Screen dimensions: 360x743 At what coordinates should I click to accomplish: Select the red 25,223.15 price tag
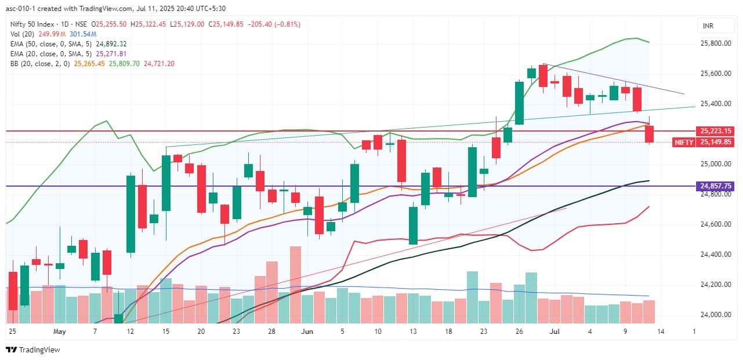(x=716, y=131)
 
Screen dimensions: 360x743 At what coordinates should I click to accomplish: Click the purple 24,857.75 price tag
(x=716, y=186)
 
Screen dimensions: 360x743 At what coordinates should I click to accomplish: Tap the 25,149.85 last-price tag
(x=716, y=142)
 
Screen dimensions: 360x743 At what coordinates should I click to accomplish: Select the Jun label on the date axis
(x=307, y=332)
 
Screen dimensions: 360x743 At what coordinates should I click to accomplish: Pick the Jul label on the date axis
(x=554, y=332)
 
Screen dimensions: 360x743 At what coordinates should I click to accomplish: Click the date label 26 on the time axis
(x=519, y=332)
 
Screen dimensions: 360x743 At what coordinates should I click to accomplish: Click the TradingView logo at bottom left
(x=33, y=350)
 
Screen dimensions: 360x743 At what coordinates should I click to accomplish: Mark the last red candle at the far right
(x=649, y=134)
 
